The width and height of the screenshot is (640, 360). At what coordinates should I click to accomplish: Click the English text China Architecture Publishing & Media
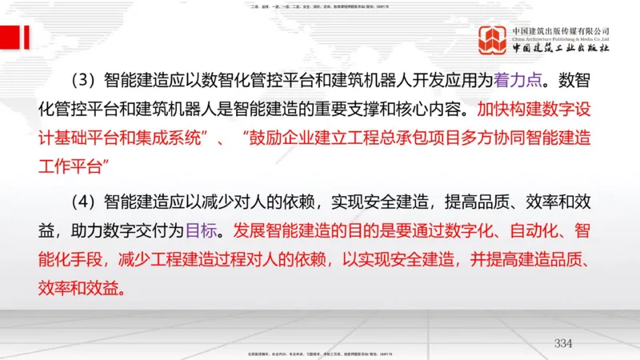click(x=561, y=39)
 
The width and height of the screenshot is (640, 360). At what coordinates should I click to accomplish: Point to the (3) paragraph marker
click(x=83, y=80)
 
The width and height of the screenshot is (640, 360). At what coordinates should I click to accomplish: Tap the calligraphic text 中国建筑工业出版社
click(x=561, y=50)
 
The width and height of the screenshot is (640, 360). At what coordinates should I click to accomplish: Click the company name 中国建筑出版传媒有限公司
click(x=561, y=30)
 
